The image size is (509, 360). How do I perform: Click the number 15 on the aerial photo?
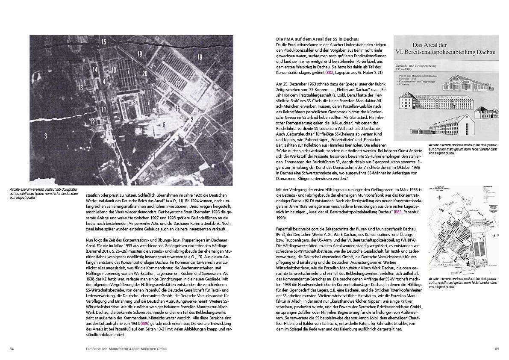pos(103,41)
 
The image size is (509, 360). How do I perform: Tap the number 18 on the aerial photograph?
pos(199,57)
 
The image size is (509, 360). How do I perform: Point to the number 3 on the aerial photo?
pos(45,136)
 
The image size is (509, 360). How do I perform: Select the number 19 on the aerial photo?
pos(139,54)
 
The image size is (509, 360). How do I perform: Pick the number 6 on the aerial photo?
pos(164,124)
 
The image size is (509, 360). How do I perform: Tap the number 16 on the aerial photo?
pos(177,109)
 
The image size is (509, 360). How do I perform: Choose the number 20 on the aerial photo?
pos(145,74)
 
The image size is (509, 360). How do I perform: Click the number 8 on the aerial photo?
pos(135,102)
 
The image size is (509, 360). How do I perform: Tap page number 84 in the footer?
pos(12,349)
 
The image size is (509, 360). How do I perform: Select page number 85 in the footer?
pos(497,349)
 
